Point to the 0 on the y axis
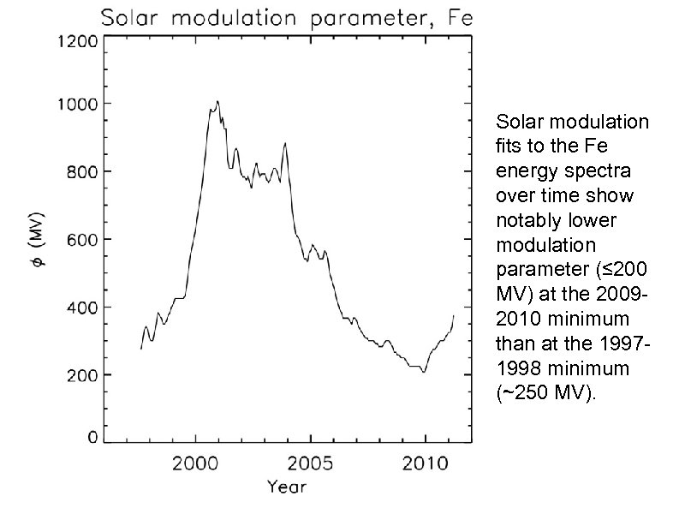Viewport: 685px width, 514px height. pos(92,437)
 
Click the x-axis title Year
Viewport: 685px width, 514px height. pos(286,487)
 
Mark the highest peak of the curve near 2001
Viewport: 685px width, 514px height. pos(217,101)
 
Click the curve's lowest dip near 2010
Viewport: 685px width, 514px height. pos(423,372)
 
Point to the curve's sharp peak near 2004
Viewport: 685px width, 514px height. pos(285,143)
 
